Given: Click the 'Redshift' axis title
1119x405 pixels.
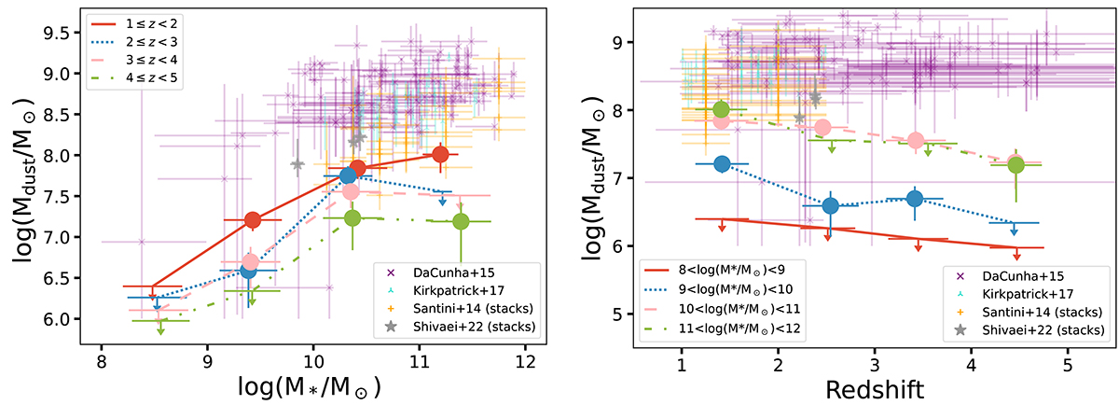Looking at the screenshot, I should coord(874,384).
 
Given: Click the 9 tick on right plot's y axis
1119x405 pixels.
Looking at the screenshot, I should coord(621,42).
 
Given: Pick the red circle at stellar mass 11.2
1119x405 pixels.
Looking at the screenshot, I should coord(440,155).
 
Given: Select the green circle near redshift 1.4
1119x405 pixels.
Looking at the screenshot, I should coord(720,110).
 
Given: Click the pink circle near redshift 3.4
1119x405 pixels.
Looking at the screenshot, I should coord(915,141).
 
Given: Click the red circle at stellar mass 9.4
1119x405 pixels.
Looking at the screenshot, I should coord(252,220).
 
